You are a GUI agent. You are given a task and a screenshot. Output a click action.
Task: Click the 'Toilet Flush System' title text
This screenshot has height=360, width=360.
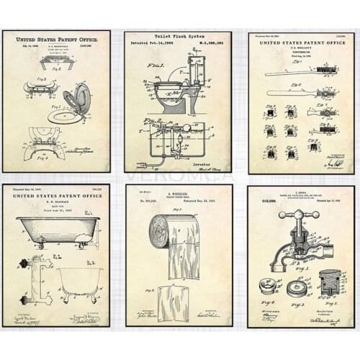coord(177,36)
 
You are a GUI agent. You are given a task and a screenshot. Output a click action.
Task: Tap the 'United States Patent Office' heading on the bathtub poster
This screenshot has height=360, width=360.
coord(55,195)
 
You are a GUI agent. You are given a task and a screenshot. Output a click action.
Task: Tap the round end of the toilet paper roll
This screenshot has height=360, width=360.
coord(160,232)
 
